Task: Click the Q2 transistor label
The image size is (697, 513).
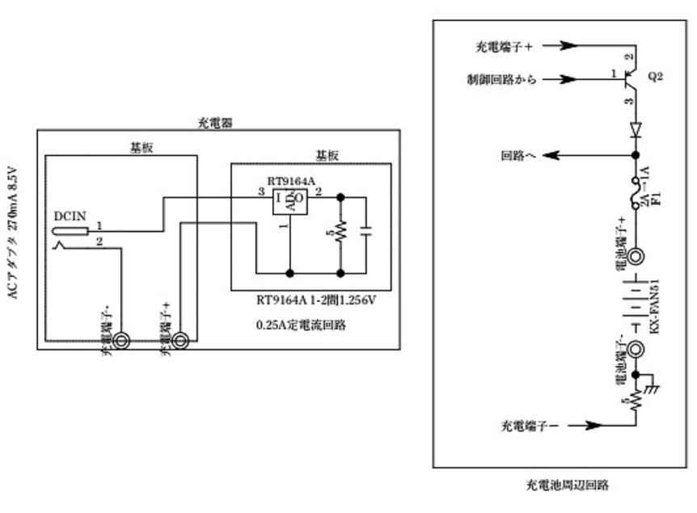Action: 655,78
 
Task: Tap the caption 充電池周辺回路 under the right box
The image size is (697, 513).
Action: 566,485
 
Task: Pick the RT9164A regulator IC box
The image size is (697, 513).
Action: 289,199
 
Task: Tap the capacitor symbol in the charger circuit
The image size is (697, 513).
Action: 365,231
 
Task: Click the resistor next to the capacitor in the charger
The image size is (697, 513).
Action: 340,231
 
